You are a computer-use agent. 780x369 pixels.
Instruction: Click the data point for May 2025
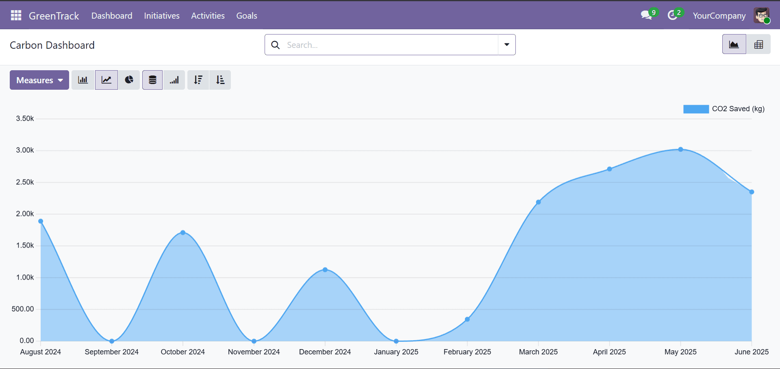(x=680, y=149)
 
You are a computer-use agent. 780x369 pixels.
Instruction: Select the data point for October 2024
(x=183, y=233)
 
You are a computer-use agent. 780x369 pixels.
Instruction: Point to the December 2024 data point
(x=325, y=270)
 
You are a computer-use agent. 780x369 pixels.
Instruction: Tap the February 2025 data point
(x=467, y=319)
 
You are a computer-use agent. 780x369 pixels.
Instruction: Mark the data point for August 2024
(x=41, y=221)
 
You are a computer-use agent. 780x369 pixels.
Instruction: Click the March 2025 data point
(x=538, y=202)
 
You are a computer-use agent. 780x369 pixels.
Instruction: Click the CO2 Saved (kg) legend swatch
(x=696, y=109)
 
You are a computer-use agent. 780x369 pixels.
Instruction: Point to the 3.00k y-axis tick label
(x=25, y=150)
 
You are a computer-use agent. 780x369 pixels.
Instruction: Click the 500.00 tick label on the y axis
(x=23, y=309)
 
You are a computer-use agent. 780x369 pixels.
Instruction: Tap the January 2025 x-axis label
(x=396, y=352)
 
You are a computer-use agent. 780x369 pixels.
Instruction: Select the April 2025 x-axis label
(x=609, y=352)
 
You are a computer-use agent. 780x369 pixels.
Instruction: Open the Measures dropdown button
(x=39, y=80)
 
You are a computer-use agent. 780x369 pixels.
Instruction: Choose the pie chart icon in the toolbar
(x=129, y=80)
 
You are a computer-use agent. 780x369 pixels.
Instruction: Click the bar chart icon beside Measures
(x=83, y=80)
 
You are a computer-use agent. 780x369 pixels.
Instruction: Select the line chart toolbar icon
(x=106, y=80)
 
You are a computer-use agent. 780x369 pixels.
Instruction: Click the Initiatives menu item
(x=162, y=16)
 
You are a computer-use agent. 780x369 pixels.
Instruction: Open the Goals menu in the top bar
(x=247, y=16)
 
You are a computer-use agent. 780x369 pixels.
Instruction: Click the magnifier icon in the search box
(x=276, y=45)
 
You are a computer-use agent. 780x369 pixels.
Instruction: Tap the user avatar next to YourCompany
(x=761, y=15)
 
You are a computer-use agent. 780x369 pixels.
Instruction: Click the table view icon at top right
(x=758, y=45)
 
